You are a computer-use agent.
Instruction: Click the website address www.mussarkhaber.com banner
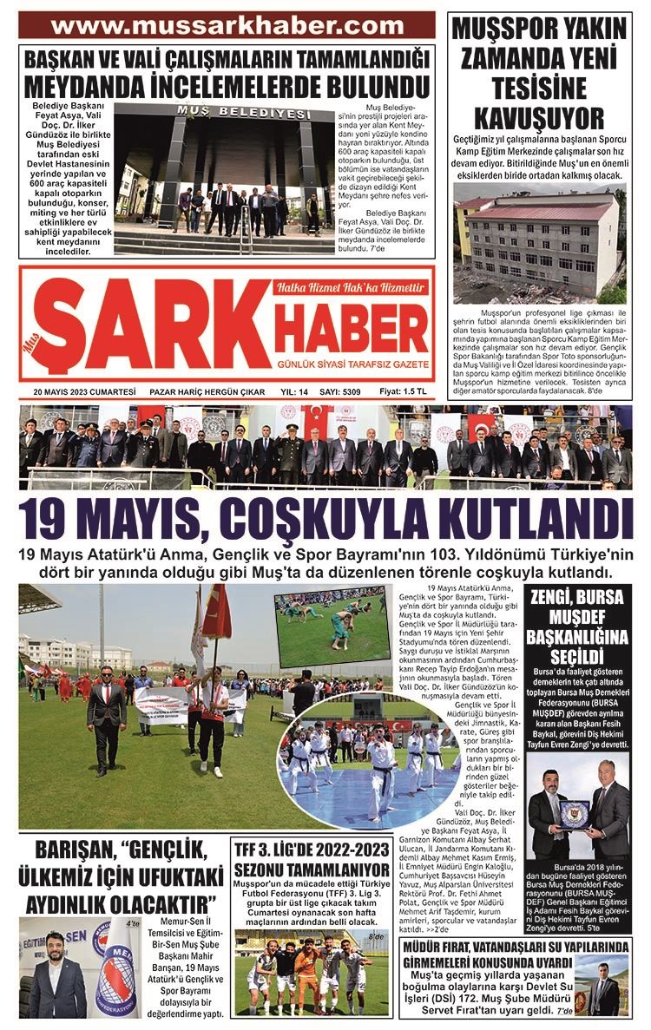coord(227,25)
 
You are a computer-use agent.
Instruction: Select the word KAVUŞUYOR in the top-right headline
coord(541,117)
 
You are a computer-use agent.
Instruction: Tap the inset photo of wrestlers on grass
coord(332,626)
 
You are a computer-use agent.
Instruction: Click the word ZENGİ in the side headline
coord(555,598)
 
